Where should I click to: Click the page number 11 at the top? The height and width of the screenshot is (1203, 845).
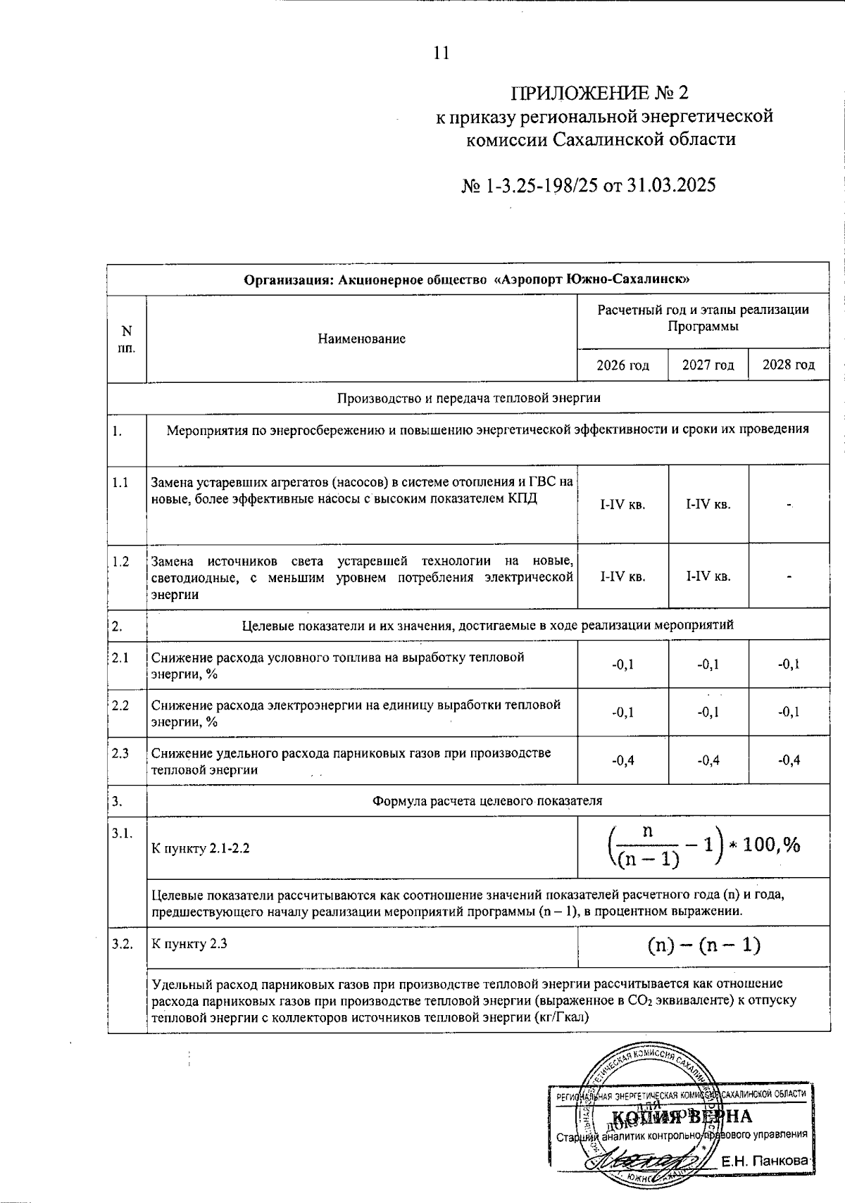click(x=442, y=53)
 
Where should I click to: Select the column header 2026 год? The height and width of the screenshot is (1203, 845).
click(x=622, y=365)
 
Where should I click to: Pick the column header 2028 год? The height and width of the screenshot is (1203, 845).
click(x=789, y=365)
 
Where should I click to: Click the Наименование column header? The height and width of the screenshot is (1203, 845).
click(x=361, y=339)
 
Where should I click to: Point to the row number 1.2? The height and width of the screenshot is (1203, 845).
click(x=120, y=562)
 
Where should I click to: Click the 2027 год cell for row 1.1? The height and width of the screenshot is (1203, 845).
click(x=708, y=505)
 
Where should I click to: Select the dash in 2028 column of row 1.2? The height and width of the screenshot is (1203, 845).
click(x=789, y=577)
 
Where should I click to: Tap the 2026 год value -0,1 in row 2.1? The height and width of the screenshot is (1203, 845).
click(x=622, y=664)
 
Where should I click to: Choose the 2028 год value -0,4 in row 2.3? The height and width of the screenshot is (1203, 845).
click(x=789, y=760)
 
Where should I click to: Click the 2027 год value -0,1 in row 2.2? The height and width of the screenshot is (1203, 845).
click(x=708, y=712)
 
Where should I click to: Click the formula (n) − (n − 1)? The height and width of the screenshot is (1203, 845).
click(x=703, y=945)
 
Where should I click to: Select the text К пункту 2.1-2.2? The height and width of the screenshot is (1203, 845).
click(x=201, y=848)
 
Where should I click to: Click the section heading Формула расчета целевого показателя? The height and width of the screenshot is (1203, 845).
click(x=487, y=801)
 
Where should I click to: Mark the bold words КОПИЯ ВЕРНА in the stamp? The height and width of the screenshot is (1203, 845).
click(x=681, y=1117)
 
